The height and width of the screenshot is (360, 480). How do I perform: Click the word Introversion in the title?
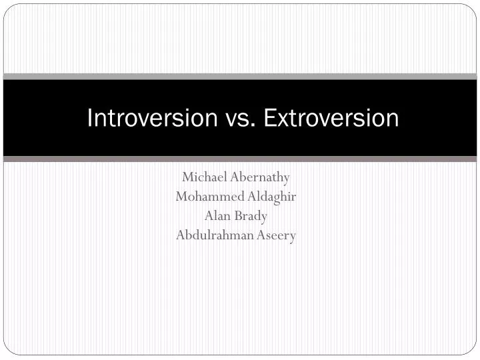click(x=153, y=118)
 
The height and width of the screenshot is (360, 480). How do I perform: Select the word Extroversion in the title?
click(x=331, y=118)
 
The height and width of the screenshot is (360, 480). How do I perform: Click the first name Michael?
click(x=204, y=177)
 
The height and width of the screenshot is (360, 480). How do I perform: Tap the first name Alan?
click(x=216, y=216)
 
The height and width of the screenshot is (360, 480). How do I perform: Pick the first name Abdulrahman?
click(x=213, y=235)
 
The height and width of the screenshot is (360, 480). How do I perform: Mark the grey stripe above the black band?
click(x=240, y=77)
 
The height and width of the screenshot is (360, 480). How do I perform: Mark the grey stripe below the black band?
click(x=240, y=159)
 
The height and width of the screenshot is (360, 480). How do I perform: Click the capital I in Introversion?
click(x=91, y=118)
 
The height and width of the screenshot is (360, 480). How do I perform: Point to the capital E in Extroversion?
click(x=269, y=118)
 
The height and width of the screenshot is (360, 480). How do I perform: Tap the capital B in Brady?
click(x=241, y=216)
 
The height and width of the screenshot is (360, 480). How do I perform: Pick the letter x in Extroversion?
click(x=281, y=119)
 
